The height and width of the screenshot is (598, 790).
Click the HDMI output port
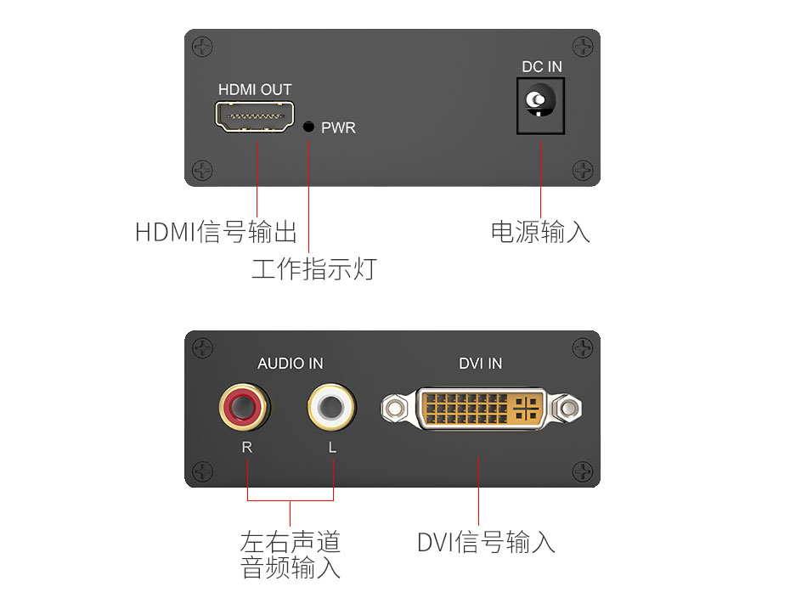[255, 116]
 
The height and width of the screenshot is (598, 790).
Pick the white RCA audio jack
[332, 407]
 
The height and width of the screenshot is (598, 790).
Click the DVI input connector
[481, 409]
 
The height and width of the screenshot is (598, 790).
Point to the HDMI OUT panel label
[255, 90]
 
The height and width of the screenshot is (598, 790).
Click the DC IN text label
[542, 67]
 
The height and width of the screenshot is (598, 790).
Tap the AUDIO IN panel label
[291, 364]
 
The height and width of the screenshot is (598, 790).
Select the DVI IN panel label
[481, 364]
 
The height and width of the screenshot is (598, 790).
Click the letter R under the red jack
[247, 448]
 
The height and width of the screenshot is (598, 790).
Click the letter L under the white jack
[333, 448]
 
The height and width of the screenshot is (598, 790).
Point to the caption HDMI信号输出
[217, 231]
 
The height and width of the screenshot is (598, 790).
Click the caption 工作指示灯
[313, 269]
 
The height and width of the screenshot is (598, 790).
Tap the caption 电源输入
[540, 231]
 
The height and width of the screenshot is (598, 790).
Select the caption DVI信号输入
[486, 541]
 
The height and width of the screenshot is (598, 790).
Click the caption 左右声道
[291, 541]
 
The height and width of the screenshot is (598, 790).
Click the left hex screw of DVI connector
[392, 410]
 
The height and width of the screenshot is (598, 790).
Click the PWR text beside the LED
[338, 128]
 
